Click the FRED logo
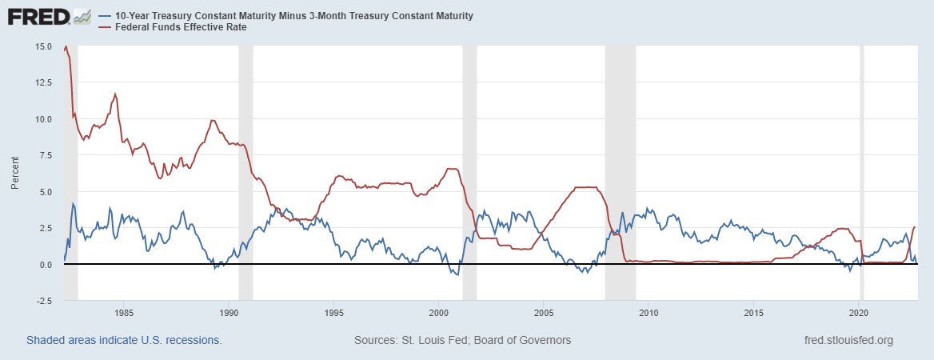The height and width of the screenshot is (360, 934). tap(50, 17)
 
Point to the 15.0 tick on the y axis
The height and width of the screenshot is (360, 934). tap(44, 46)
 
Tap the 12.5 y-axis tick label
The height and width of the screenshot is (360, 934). tap(44, 82)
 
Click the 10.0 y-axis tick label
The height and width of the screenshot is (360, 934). tap(44, 119)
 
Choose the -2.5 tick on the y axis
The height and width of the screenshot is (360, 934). tap(44, 301)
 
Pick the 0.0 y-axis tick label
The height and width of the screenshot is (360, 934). tap(46, 265)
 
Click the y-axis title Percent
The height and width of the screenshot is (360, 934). tap(15, 173)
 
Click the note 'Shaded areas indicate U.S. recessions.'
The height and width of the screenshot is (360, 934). tap(124, 340)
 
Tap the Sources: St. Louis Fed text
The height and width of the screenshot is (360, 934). tap(462, 340)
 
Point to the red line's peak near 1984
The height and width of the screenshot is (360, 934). tap(115, 94)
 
